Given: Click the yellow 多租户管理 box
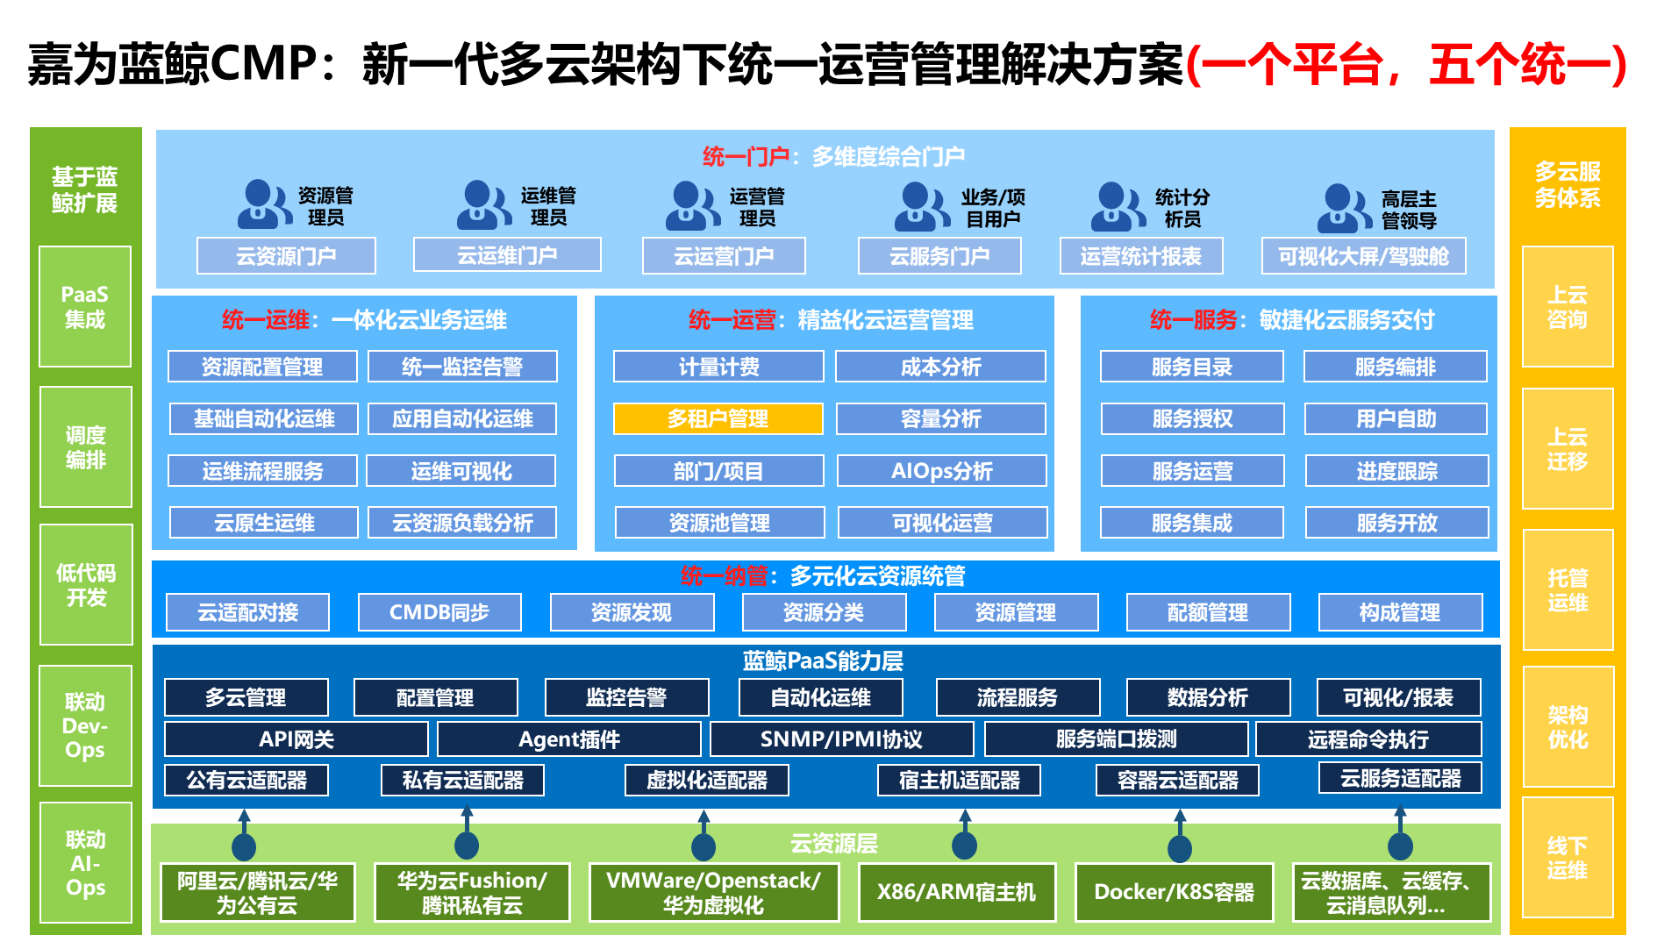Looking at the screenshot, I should pyautogui.click(x=718, y=418).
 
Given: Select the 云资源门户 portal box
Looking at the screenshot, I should pyautogui.click(x=286, y=256).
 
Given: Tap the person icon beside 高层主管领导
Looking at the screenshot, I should pyautogui.click(x=1344, y=208).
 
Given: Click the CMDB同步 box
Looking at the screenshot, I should pyautogui.click(x=439, y=612).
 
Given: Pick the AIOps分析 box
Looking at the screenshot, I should pyautogui.click(x=941, y=471).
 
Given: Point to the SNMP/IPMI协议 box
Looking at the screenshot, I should pyautogui.click(x=841, y=739).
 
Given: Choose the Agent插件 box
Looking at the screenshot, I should pyautogui.click(x=569, y=739).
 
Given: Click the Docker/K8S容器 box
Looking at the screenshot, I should pyautogui.click(x=1174, y=892).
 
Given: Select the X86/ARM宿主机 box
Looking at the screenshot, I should pyautogui.click(x=956, y=892).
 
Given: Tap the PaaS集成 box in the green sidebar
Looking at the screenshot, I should pyautogui.click(x=85, y=307).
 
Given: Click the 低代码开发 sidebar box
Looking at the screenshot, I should pyautogui.click(x=86, y=585).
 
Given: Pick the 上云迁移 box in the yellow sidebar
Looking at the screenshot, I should pyautogui.click(x=1568, y=449).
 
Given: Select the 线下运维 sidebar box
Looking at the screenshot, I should pyautogui.click(x=1568, y=858).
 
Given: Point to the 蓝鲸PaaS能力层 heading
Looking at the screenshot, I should pyautogui.click(x=823, y=660).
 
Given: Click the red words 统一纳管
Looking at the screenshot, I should pyautogui.click(x=724, y=576).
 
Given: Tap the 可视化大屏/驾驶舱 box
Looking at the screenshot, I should pyautogui.click(x=1363, y=256).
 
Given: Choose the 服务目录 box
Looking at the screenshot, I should pyautogui.click(x=1191, y=367).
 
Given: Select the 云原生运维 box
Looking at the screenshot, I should pyautogui.click(x=264, y=523).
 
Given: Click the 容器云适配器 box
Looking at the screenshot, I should pyautogui.click(x=1177, y=780).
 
